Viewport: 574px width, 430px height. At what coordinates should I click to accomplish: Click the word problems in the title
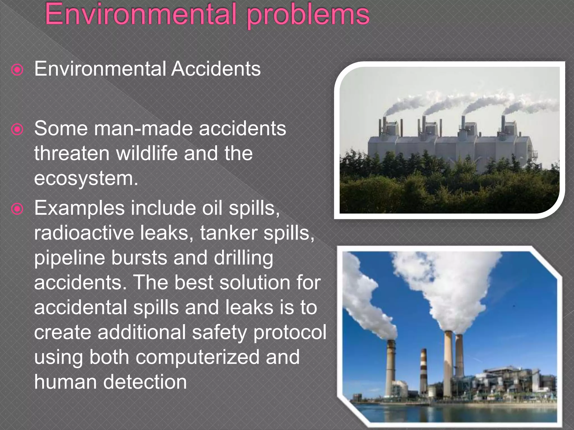(x=308, y=16)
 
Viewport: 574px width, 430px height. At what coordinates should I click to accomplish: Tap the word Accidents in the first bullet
(x=216, y=69)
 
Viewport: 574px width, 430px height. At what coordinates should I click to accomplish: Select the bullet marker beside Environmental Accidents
(x=17, y=70)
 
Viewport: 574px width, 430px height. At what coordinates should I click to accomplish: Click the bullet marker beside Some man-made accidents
(x=17, y=130)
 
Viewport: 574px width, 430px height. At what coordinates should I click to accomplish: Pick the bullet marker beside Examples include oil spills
(x=17, y=209)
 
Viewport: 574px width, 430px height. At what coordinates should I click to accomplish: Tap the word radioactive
(x=84, y=233)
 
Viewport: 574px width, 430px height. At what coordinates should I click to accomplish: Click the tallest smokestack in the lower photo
(x=448, y=364)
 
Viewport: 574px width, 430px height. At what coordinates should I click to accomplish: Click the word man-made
(x=143, y=129)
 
